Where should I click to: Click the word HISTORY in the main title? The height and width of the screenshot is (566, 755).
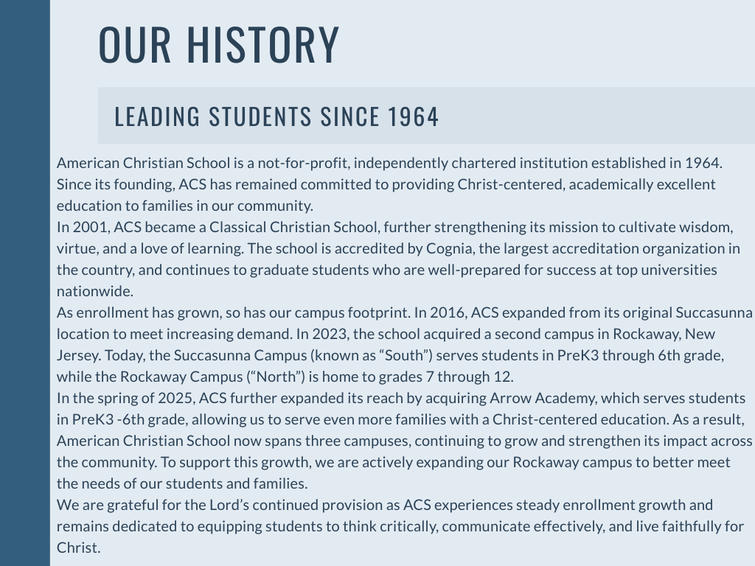(262, 44)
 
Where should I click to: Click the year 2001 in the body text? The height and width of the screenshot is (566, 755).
(89, 227)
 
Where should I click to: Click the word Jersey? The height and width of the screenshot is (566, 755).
(77, 355)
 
